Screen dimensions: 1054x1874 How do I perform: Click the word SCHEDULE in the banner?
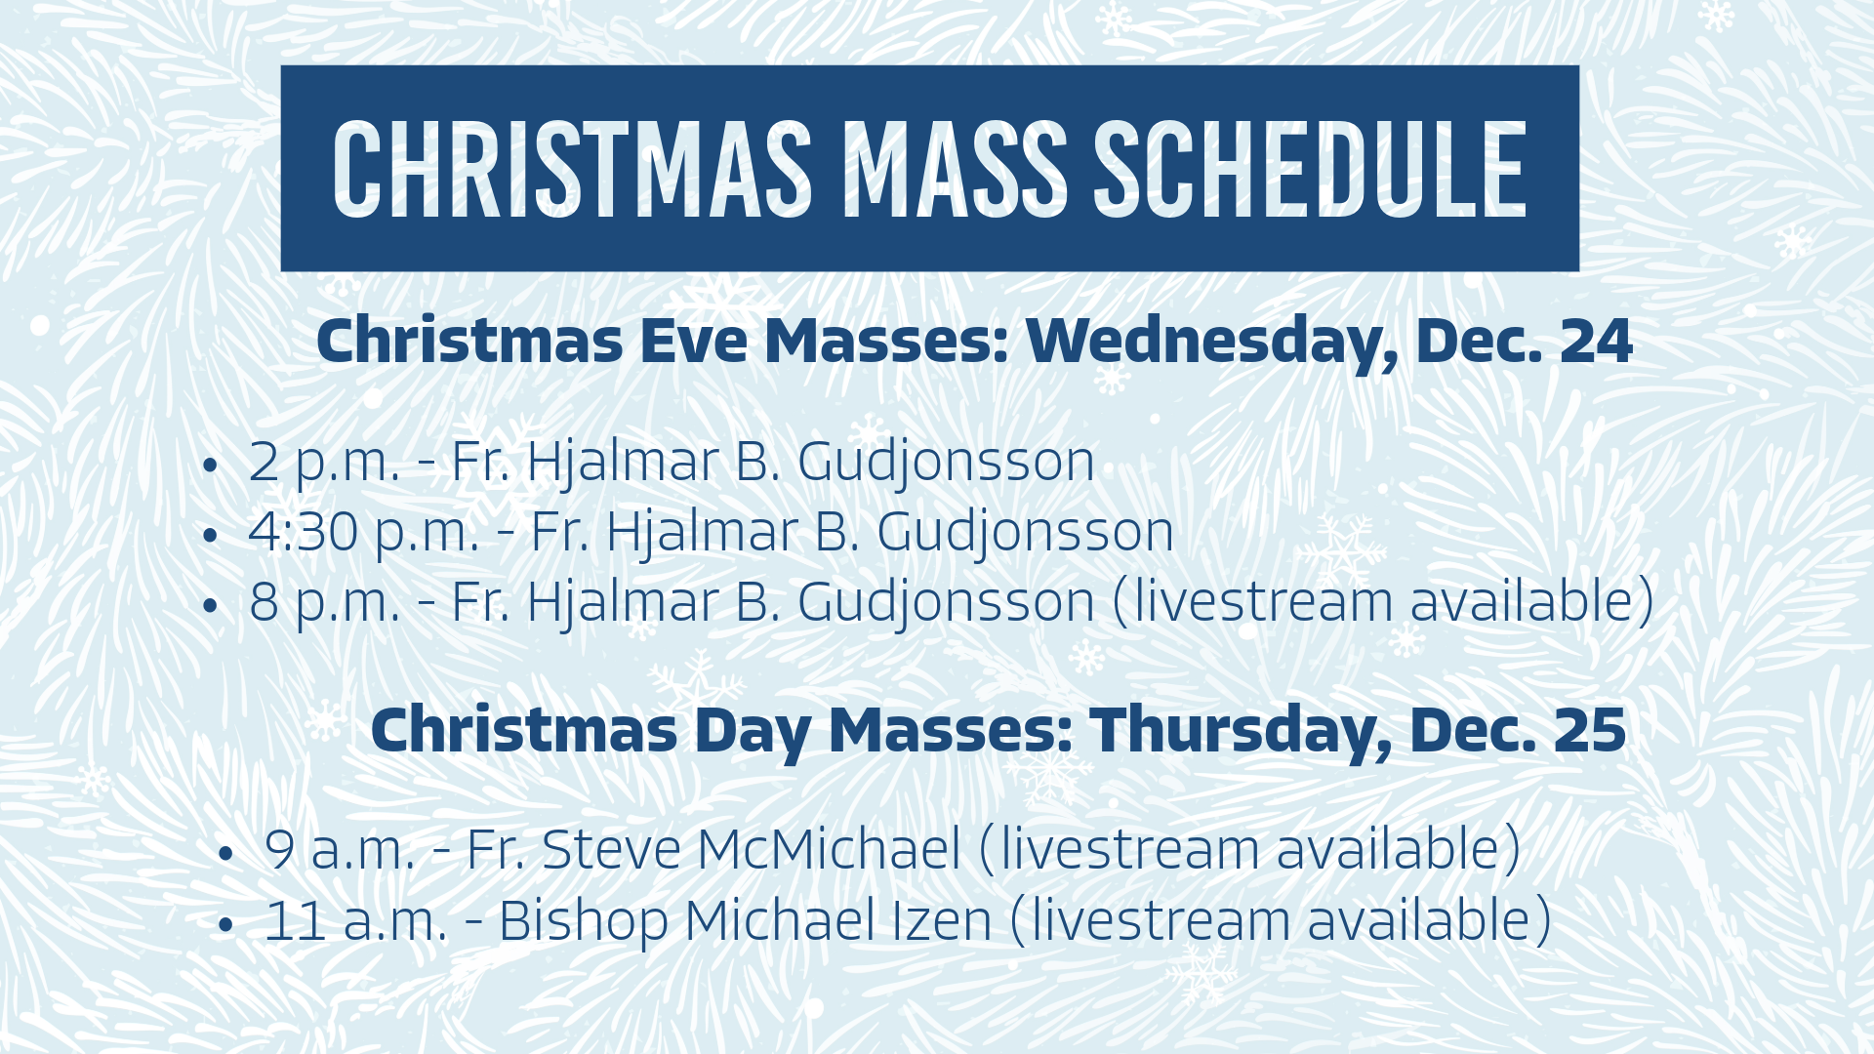(1310, 170)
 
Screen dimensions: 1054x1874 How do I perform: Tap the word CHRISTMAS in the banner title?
(572, 170)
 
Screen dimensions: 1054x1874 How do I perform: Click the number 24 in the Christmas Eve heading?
(1596, 342)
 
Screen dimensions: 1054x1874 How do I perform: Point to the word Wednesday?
(1210, 342)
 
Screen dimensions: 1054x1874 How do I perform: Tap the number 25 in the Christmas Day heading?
(1590, 730)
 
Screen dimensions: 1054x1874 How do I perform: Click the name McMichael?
(830, 849)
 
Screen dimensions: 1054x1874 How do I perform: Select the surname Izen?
(942, 920)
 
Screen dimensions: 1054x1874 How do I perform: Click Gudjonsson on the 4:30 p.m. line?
(1025, 532)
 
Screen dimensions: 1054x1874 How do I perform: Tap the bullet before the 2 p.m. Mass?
(209, 466)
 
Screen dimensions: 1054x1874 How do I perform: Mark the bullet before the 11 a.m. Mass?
(226, 925)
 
